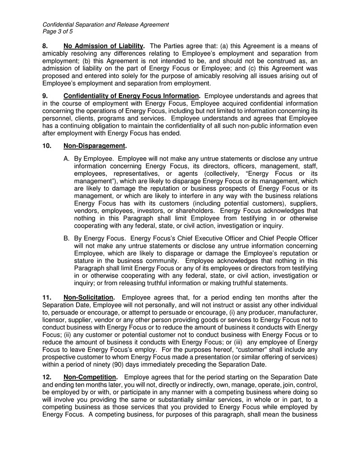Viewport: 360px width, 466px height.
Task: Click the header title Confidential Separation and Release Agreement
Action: click(x=105, y=25)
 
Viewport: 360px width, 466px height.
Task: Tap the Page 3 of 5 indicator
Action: click(x=57, y=32)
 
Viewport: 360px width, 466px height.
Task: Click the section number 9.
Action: click(x=45, y=96)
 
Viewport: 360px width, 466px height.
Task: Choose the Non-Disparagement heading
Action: click(x=95, y=146)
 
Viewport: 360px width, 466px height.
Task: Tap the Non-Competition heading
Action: click(x=90, y=377)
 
